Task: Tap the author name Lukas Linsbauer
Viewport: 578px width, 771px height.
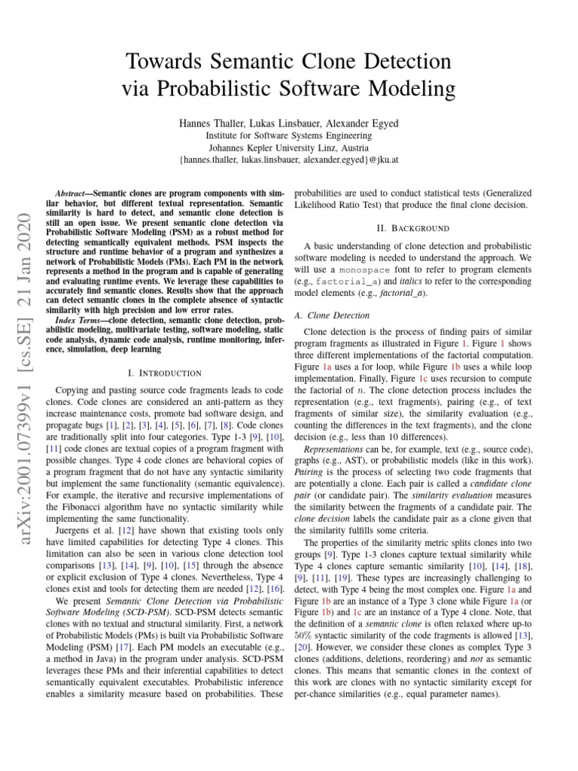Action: click(285, 123)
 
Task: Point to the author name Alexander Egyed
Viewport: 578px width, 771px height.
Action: click(367, 123)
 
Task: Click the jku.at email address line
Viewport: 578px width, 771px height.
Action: click(288, 160)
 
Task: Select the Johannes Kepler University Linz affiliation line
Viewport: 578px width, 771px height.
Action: click(288, 148)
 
